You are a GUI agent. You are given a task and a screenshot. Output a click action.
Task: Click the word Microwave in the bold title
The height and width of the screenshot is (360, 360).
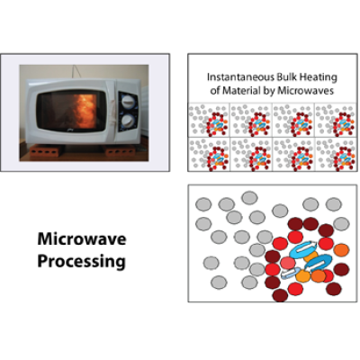[82, 239]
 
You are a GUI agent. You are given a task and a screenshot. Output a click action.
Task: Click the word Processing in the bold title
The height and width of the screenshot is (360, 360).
[82, 262]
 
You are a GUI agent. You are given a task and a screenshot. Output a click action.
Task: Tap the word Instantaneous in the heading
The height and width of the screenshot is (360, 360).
[237, 77]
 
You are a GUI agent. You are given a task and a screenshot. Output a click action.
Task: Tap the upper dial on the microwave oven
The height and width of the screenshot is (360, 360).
[129, 101]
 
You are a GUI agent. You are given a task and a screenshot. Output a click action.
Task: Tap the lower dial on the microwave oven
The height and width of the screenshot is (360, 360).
[129, 121]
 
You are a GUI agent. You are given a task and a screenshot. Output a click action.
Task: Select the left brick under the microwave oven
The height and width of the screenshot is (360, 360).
[45, 150]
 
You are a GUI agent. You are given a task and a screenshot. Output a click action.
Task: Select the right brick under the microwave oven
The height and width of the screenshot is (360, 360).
[121, 151]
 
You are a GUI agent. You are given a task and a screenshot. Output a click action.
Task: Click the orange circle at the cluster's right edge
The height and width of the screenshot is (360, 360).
[341, 249]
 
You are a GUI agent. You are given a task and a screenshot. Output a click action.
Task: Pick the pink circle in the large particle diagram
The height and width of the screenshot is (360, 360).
[288, 263]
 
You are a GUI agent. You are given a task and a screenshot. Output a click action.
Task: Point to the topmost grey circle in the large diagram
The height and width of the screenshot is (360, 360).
[249, 198]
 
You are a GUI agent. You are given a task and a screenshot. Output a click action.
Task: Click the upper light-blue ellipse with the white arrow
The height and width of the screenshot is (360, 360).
[303, 249]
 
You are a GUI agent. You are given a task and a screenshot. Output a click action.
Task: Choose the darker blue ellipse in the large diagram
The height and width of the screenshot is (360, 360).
[319, 262]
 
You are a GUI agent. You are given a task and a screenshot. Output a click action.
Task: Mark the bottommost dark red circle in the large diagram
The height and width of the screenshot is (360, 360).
[280, 295]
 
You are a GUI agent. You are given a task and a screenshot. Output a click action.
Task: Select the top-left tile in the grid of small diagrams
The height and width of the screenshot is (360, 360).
[209, 120]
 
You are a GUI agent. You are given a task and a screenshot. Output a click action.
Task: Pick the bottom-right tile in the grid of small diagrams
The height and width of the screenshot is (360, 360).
[336, 154]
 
